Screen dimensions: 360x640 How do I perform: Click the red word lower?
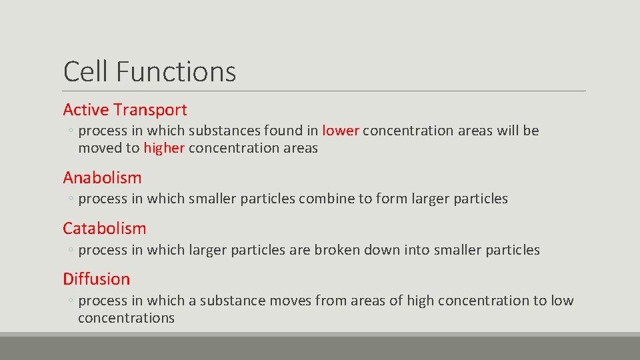click(341, 131)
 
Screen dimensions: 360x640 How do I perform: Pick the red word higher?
click(164, 148)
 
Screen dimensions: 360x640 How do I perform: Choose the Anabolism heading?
click(102, 178)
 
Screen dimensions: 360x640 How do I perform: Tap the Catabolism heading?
click(104, 229)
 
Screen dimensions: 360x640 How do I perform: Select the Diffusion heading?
click(97, 279)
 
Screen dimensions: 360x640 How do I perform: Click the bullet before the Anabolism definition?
click(70, 199)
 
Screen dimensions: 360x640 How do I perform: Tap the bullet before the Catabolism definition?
click(70, 251)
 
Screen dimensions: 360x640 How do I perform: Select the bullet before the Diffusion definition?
click(70, 301)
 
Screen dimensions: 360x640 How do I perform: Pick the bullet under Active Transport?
click(70, 131)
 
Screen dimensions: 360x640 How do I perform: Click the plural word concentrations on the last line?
click(126, 318)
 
